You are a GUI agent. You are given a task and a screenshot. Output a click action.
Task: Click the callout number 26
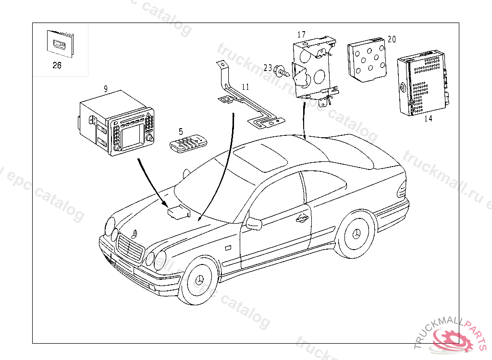click(57, 66)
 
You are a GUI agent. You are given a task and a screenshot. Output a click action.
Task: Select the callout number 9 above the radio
click(105, 88)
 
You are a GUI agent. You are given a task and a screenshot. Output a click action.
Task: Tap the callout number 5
click(181, 131)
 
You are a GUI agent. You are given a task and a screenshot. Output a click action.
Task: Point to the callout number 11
click(246, 87)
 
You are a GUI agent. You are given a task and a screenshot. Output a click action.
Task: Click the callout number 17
click(301, 34)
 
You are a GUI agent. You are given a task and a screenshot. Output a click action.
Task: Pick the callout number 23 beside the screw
click(268, 68)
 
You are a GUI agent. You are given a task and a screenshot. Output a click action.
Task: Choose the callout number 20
click(392, 39)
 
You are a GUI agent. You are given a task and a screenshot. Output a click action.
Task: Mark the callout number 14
click(428, 119)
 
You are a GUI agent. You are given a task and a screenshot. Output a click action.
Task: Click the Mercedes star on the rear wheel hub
click(357, 233)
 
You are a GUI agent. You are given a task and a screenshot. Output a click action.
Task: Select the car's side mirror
click(254, 223)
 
